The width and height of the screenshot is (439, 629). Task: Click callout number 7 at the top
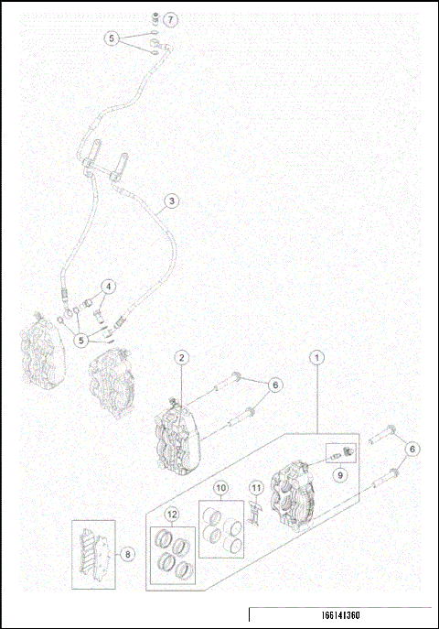[x=171, y=19]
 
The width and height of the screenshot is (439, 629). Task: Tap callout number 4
[x=108, y=287]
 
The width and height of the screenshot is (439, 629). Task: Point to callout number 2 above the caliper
[x=182, y=356]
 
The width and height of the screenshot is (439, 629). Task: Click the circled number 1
[x=317, y=356]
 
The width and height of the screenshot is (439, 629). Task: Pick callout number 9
[x=338, y=475]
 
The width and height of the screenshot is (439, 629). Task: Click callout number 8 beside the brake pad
[x=129, y=553]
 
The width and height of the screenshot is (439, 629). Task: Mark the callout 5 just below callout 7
[x=112, y=38]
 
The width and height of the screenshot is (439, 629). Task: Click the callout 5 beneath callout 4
[x=83, y=340]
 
